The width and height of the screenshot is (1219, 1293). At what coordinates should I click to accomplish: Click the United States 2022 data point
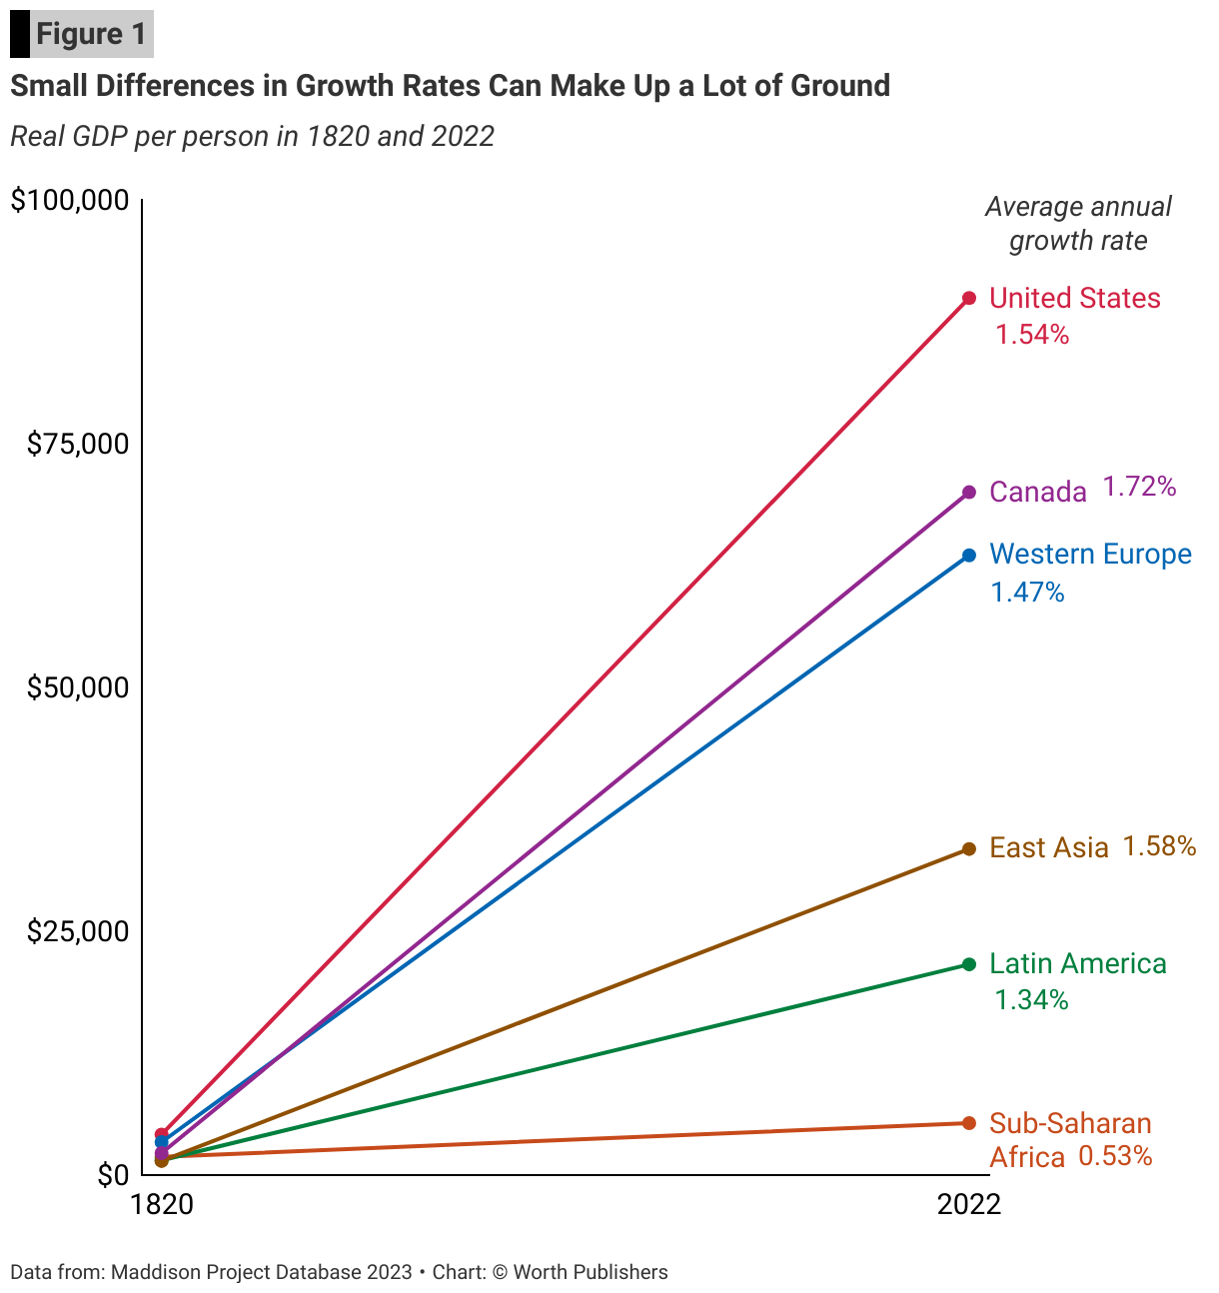(x=968, y=298)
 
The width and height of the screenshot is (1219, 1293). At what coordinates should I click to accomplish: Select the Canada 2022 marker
(x=968, y=492)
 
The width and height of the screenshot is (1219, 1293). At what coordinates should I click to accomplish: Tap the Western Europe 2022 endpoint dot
(x=968, y=555)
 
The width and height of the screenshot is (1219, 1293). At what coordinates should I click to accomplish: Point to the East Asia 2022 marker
(x=968, y=848)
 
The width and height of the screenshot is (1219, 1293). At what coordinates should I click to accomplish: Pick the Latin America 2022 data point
(x=968, y=963)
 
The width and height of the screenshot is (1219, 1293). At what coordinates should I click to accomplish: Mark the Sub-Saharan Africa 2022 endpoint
(x=968, y=1123)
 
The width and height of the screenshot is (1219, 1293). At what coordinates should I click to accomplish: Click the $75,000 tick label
(x=78, y=444)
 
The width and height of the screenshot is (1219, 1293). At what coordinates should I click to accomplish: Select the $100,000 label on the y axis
(x=70, y=200)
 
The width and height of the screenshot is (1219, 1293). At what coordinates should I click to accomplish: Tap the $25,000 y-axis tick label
(x=78, y=931)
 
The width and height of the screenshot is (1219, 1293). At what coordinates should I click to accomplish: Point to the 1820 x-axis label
(x=162, y=1204)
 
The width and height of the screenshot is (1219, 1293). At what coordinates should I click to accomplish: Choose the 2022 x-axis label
(x=968, y=1204)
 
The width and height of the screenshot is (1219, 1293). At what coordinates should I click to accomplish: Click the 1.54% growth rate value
(x=1032, y=335)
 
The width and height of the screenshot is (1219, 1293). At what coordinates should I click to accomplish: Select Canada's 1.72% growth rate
(x=1139, y=487)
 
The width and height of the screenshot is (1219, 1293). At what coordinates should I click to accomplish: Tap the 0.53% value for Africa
(x=1115, y=1157)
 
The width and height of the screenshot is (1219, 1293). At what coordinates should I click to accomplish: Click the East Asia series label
(x=1048, y=848)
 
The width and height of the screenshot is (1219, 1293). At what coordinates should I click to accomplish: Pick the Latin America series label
(x=1077, y=963)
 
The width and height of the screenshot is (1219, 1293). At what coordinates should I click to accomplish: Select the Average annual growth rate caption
(x=1077, y=224)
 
